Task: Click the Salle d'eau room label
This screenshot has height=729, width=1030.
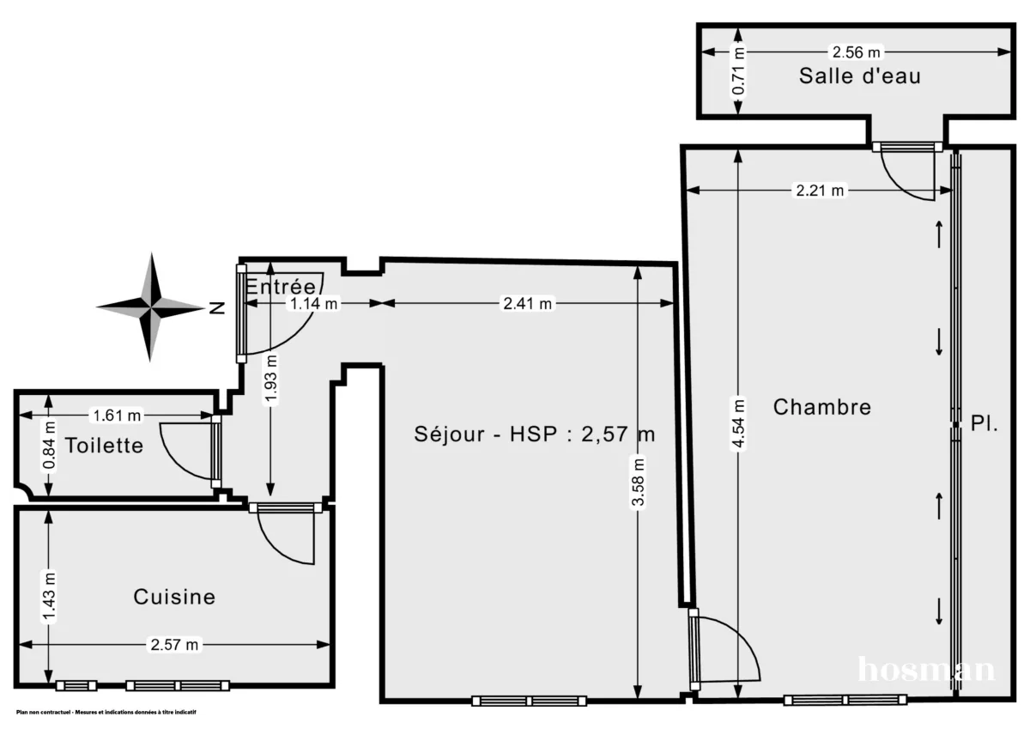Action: pyautogui.click(x=859, y=76)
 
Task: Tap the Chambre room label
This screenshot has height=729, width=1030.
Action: pyautogui.click(x=821, y=407)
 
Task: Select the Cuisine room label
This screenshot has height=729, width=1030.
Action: pyautogui.click(x=174, y=596)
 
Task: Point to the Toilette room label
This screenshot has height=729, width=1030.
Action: pyautogui.click(x=104, y=446)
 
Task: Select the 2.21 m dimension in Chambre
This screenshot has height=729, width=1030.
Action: pyautogui.click(x=819, y=191)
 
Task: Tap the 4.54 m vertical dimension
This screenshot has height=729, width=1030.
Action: pyautogui.click(x=737, y=423)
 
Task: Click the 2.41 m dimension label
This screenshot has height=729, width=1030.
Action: pyautogui.click(x=526, y=303)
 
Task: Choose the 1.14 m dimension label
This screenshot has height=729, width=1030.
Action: pyautogui.click(x=313, y=303)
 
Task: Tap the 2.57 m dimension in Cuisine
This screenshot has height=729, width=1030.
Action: pyautogui.click(x=174, y=644)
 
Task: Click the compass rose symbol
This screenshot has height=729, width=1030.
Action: pyautogui.click(x=150, y=307)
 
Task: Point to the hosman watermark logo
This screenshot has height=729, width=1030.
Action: pyautogui.click(x=927, y=669)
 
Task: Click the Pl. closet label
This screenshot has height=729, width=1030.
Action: pyautogui.click(x=985, y=423)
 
